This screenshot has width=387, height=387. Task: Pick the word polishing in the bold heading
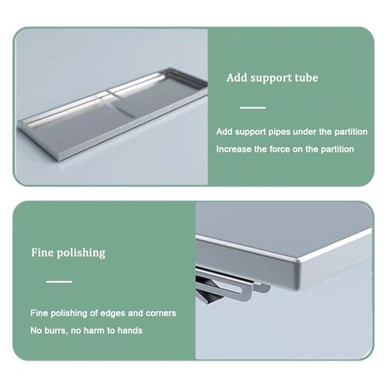click(x=81, y=253)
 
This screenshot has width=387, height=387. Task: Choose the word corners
click(x=161, y=313)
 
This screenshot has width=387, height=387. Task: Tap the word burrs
click(x=57, y=330)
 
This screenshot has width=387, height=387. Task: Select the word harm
click(x=93, y=330)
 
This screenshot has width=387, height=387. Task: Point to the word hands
click(x=130, y=330)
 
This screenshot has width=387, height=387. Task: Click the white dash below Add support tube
click(x=252, y=108)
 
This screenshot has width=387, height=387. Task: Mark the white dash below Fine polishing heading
click(x=59, y=282)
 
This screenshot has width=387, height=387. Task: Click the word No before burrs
click(x=36, y=330)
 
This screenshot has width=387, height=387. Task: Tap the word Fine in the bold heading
click(x=43, y=252)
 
